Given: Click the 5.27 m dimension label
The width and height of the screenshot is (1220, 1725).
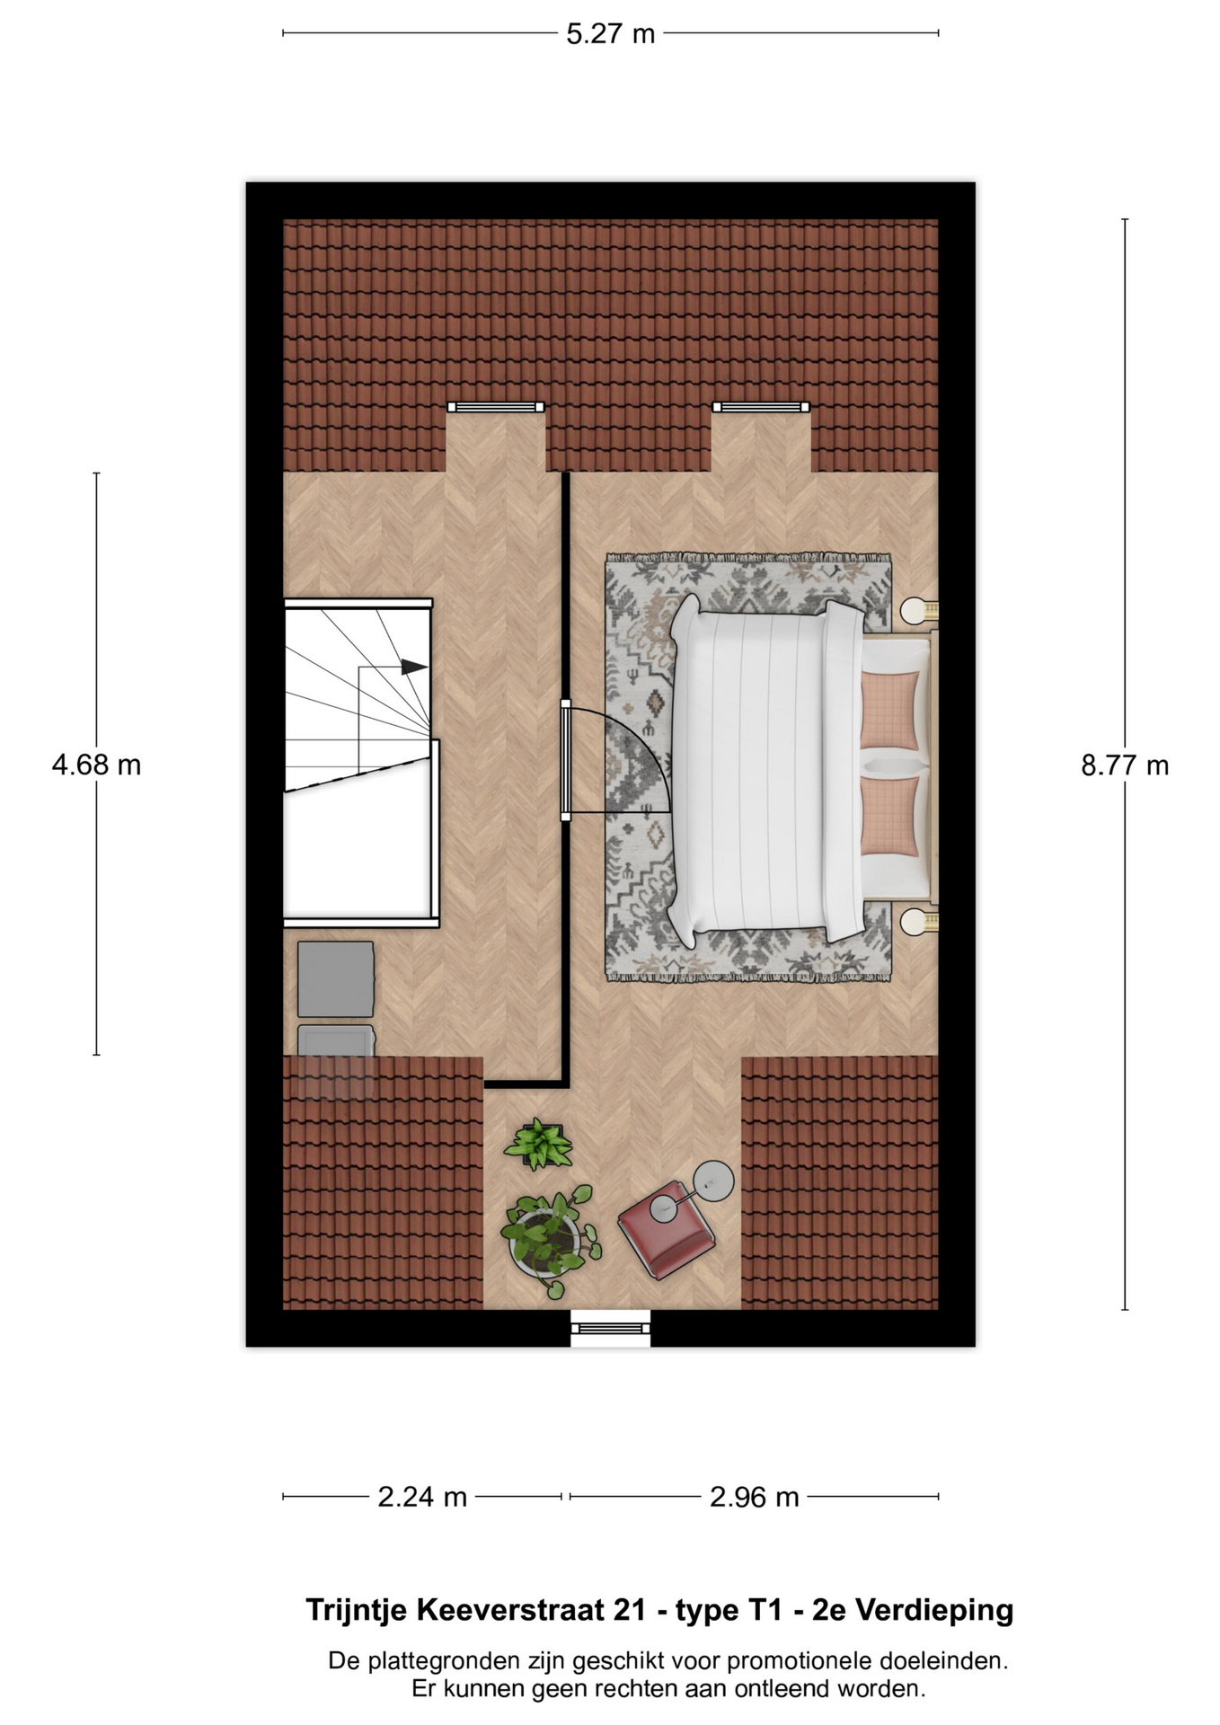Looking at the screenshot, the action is pos(610,34).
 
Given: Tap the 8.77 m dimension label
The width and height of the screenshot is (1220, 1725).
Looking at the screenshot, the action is pos(1125,765).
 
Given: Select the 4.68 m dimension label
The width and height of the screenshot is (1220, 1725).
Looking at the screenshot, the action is pos(96,765).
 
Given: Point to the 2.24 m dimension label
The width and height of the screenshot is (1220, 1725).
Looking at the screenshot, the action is pos(422,1497).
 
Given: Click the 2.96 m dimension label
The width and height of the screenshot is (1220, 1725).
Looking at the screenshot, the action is pos(754,1497).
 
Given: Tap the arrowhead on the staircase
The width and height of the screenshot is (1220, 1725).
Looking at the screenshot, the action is pos(413,667).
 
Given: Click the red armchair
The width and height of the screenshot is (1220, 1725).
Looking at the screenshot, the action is pos(666,1228).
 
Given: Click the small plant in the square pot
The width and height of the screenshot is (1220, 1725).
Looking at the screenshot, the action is pos(539,1144).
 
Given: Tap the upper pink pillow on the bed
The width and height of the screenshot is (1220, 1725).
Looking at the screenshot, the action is pos(890,710).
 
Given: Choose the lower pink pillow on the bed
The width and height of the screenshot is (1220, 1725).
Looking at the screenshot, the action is pos(890,816).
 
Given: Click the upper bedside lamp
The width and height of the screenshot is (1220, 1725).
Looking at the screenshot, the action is pos(919,611).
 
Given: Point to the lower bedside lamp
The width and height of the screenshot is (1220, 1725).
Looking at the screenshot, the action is pos(919,921).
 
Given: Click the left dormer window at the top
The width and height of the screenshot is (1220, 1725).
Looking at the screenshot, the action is pos(496,407).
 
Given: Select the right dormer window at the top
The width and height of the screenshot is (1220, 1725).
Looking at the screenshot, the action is pos(761,407).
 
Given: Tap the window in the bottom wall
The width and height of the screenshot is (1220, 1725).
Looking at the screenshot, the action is pos(611,1328).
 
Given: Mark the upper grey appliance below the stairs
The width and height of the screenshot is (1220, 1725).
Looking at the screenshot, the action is pos(336,979).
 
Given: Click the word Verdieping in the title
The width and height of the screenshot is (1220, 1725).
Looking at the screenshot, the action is pos(934,1611).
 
